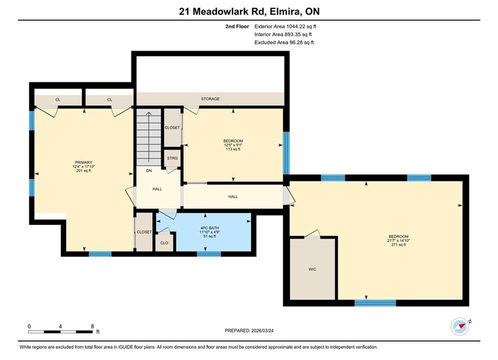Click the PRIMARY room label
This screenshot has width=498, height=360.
[84, 162]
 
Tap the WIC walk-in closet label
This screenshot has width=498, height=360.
[312, 269]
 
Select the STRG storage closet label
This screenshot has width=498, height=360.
[173, 158]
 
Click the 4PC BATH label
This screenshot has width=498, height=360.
[210, 228]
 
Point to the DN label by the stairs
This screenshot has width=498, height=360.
[149, 170]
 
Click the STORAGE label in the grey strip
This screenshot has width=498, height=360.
[210, 99]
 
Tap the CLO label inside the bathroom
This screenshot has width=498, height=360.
[164, 243]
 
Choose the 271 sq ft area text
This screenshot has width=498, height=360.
[398, 244]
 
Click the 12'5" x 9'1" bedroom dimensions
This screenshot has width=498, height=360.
[233, 145]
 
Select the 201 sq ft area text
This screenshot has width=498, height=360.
[84, 170]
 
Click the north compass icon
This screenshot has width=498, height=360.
[460, 326]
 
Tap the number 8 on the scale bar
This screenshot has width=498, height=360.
[93, 326]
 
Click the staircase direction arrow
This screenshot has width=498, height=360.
[149, 137]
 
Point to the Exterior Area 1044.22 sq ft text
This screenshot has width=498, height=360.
[285, 26]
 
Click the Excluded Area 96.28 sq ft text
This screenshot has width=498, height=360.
[284, 42]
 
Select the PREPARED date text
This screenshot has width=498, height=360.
[249, 330]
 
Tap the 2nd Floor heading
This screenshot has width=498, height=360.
[237, 26]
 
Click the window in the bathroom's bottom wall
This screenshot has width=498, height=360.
[209, 253]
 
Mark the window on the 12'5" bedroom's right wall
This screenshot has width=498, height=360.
[286, 153]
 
